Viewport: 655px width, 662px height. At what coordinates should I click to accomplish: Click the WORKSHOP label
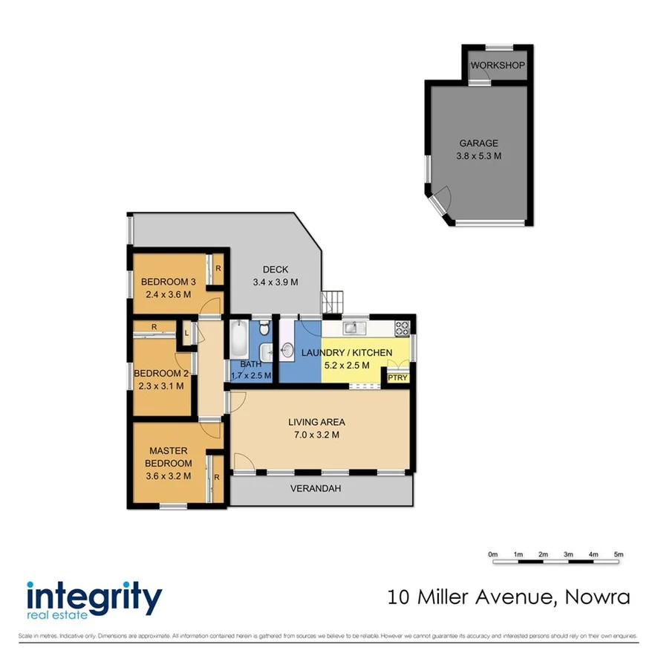pyautogui.click(x=498, y=65)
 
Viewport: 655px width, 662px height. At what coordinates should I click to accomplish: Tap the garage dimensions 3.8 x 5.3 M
pyautogui.click(x=479, y=156)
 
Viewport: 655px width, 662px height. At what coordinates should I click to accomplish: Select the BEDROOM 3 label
pyautogui.click(x=169, y=282)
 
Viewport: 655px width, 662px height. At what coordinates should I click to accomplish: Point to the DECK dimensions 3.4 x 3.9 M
pyautogui.click(x=276, y=282)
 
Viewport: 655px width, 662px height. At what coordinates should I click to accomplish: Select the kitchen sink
pyautogui.click(x=352, y=327)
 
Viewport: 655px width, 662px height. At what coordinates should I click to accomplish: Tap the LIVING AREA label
pyautogui.click(x=316, y=422)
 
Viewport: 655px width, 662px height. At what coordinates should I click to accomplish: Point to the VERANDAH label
pyautogui.click(x=321, y=489)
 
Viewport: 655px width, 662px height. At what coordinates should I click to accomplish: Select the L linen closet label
pyautogui.click(x=186, y=334)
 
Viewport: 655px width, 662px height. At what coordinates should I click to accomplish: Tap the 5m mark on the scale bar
pyautogui.click(x=619, y=554)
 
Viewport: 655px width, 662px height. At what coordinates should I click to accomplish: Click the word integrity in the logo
pyautogui.click(x=94, y=597)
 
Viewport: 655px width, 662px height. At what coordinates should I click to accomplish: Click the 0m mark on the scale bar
pyautogui.click(x=492, y=554)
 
